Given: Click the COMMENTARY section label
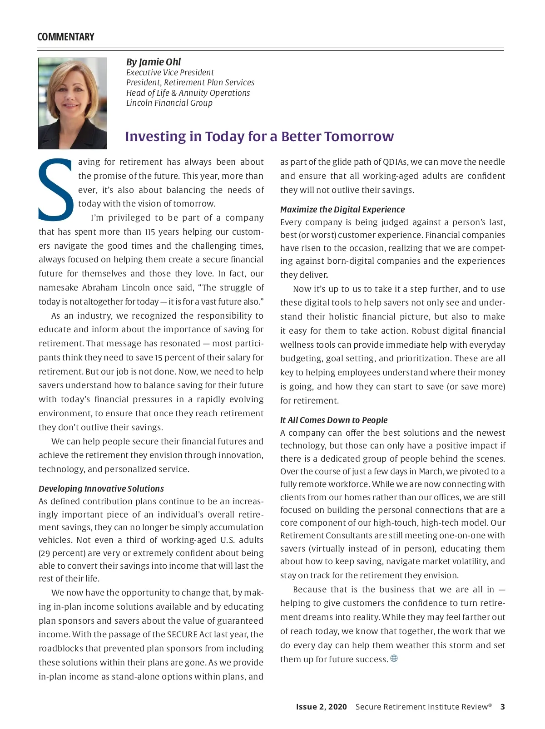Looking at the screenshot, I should click(66, 37).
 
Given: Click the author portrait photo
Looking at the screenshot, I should click(73, 103).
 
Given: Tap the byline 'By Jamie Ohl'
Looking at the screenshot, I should click(154, 62).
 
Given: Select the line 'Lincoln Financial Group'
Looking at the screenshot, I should click(169, 103).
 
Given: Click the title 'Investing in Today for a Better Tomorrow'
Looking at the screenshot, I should click(259, 137).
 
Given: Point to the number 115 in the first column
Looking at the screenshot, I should click(149, 232).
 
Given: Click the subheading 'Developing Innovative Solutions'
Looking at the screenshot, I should click(101, 489).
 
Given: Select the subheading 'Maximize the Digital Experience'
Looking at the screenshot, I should click(342, 210).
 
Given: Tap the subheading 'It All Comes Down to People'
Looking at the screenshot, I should click(334, 420).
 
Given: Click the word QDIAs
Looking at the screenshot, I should click(395, 162).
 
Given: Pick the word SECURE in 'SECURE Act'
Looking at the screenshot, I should click(182, 635).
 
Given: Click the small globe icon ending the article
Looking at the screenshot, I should click(394, 659).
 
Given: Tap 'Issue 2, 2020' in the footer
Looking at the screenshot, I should click(321, 707).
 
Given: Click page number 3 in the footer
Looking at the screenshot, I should click(502, 707).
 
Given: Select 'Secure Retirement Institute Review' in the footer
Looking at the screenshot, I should click(421, 707).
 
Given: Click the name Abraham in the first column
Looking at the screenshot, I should click(100, 288).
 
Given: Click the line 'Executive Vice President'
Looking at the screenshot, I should click(170, 73).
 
